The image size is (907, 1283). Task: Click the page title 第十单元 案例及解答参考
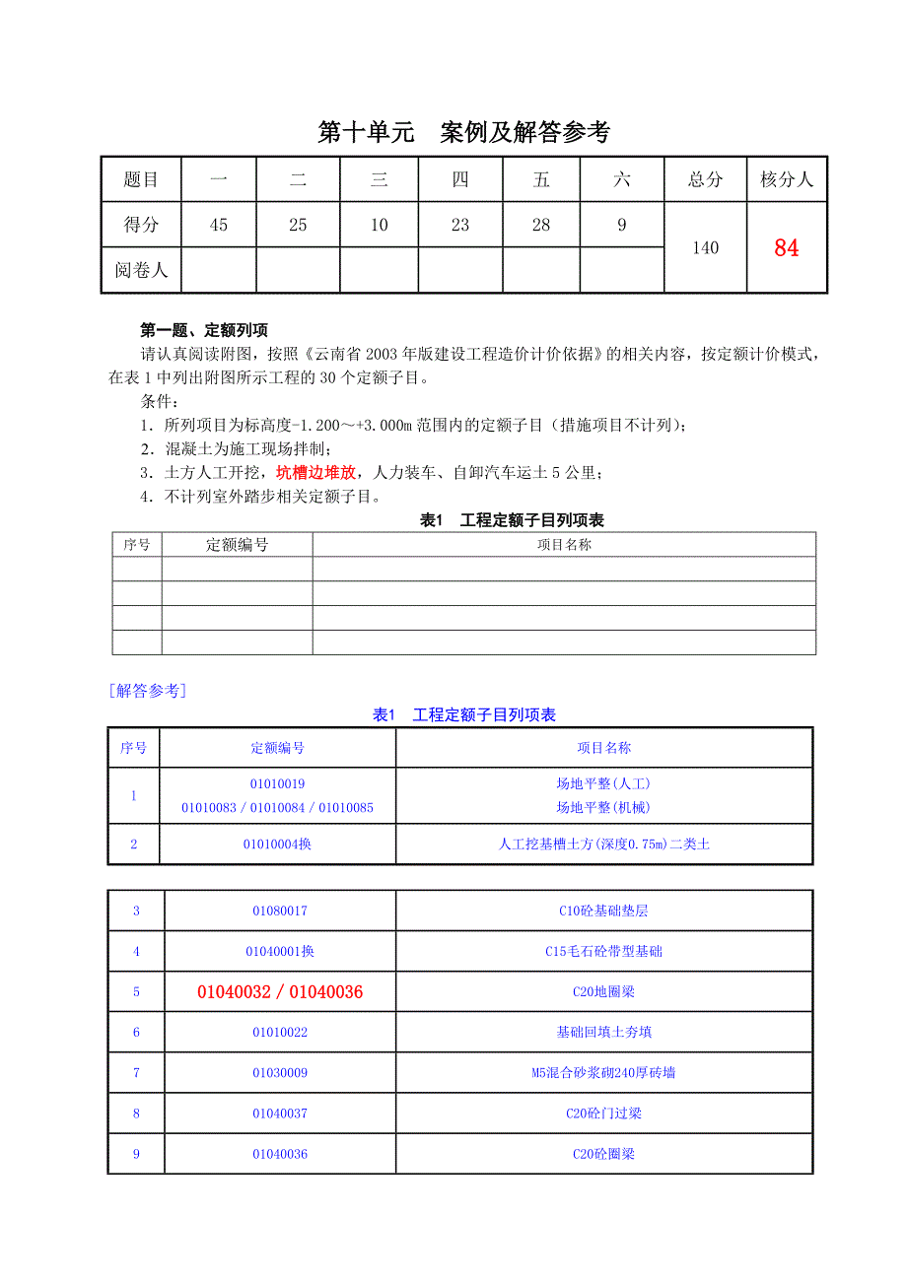click(464, 133)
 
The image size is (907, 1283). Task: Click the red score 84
click(786, 248)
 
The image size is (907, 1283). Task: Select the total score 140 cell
click(705, 248)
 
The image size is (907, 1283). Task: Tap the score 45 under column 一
click(219, 226)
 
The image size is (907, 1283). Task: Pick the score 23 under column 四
click(460, 226)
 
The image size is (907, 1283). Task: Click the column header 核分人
click(786, 179)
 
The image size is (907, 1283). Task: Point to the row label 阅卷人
click(141, 270)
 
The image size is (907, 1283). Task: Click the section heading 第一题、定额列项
click(204, 330)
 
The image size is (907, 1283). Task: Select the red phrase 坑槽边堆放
click(315, 472)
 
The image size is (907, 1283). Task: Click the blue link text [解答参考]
click(148, 691)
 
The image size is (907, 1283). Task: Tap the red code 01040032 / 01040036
click(280, 992)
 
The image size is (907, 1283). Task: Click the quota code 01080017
click(280, 912)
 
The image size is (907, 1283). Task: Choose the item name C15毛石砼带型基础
click(603, 952)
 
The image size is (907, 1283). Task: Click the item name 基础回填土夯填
click(603, 1033)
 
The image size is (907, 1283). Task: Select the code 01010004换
click(277, 844)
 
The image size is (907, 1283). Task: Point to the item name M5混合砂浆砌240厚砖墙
click(603, 1073)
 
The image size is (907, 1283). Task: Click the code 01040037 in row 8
click(280, 1114)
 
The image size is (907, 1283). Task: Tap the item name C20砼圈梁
click(603, 1154)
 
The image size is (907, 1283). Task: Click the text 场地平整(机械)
click(603, 808)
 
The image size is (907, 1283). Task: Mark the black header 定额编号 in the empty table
click(237, 545)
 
